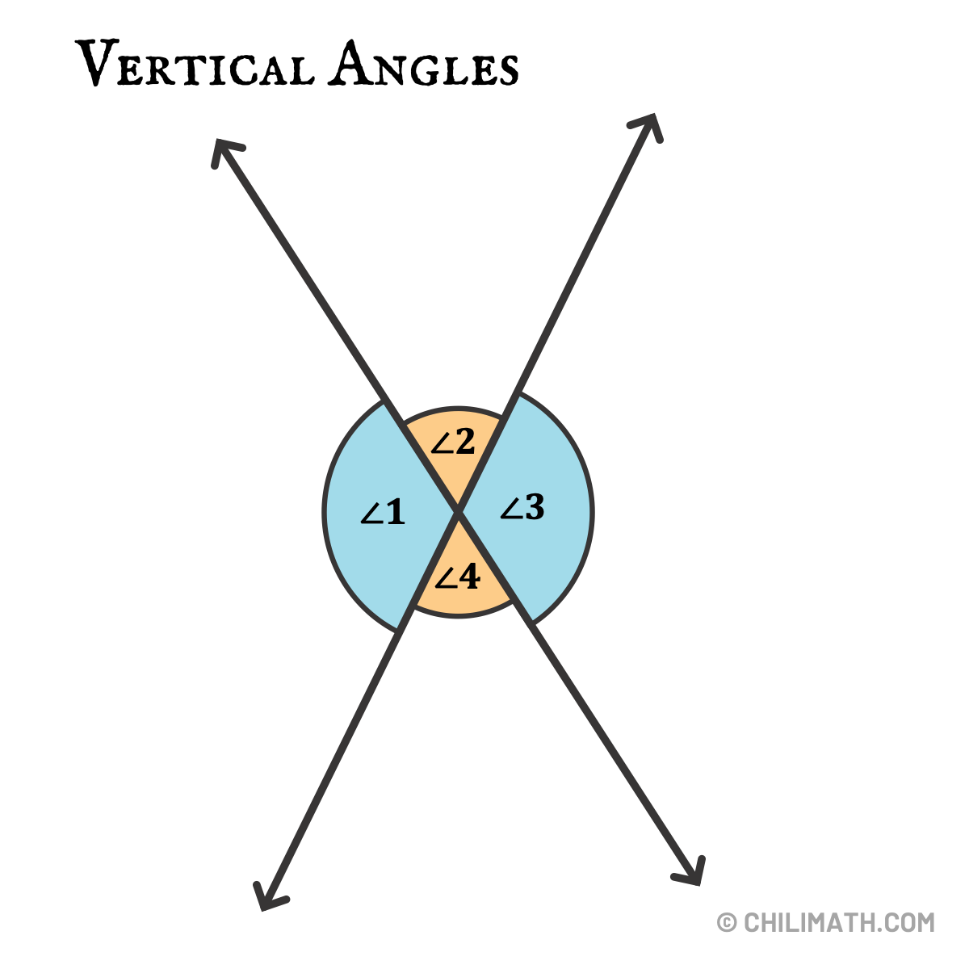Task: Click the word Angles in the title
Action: point(423,65)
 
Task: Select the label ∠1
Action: point(382,512)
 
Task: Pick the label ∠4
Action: point(457,577)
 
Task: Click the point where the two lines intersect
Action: point(458,511)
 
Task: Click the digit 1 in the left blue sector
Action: point(394,512)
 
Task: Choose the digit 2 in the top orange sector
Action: point(464,442)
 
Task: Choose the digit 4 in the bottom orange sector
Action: point(469,577)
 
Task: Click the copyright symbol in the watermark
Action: point(727,922)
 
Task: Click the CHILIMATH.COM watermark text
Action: point(839,922)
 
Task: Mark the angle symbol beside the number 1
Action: point(371,514)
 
